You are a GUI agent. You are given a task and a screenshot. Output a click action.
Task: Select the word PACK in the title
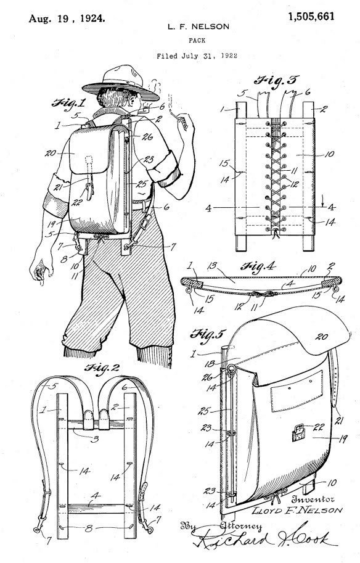[x=197, y=41]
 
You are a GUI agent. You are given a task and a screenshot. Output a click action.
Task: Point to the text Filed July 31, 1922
[x=197, y=55]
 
